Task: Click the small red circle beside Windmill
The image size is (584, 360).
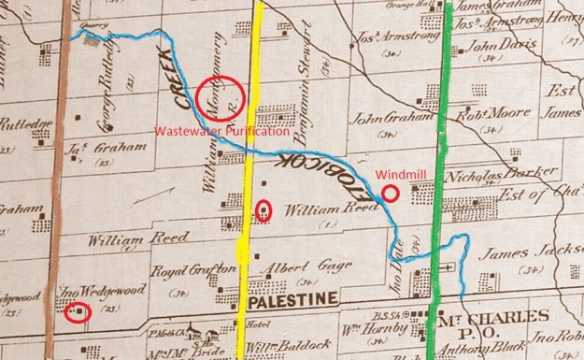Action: pos(390,194)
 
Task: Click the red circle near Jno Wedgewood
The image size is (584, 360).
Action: pos(79,312)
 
